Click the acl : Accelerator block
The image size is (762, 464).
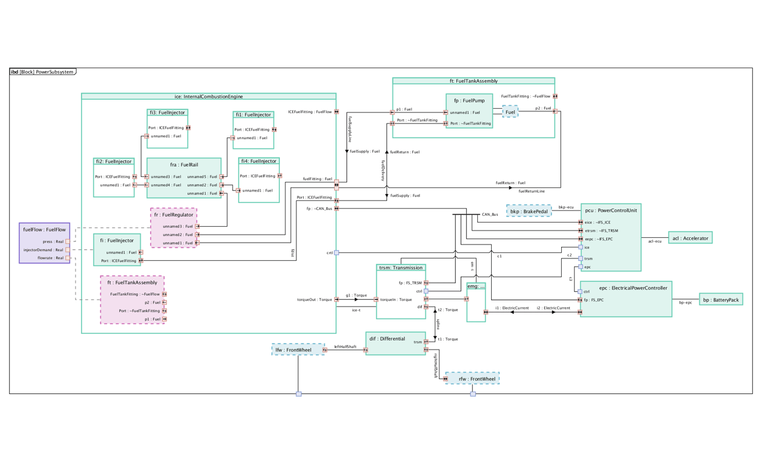tap(690, 238)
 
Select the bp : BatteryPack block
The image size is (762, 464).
tap(721, 300)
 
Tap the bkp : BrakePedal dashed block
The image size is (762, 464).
tap(529, 211)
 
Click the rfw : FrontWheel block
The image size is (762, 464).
tap(472, 378)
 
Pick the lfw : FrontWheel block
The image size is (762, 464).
tap(298, 350)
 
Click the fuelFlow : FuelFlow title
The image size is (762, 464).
tap(44, 230)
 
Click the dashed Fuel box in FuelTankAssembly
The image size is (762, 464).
tap(510, 112)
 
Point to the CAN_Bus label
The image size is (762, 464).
tap(490, 215)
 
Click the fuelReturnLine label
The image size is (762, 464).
tap(531, 191)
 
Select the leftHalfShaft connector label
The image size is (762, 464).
tap(345, 347)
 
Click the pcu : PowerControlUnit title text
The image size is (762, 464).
tap(610, 210)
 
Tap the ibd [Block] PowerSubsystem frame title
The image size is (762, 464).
tap(42, 72)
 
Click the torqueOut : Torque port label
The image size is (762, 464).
tap(315, 299)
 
